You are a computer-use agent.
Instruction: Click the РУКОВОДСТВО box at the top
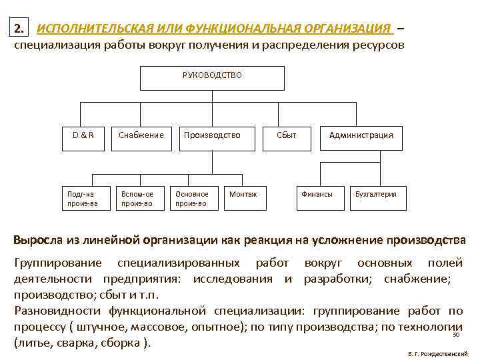point(212,77)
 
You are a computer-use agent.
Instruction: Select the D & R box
point(83,135)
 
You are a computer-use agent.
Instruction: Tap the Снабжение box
point(141,135)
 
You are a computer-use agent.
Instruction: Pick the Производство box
point(211,135)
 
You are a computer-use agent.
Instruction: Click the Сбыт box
point(287,135)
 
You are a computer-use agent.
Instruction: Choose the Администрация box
point(361,135)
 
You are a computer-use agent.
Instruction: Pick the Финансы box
point(317,194)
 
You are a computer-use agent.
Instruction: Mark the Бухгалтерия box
point(375,194)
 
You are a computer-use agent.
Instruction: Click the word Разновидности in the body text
point(54,311)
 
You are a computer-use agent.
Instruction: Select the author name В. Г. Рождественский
point(437,352)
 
